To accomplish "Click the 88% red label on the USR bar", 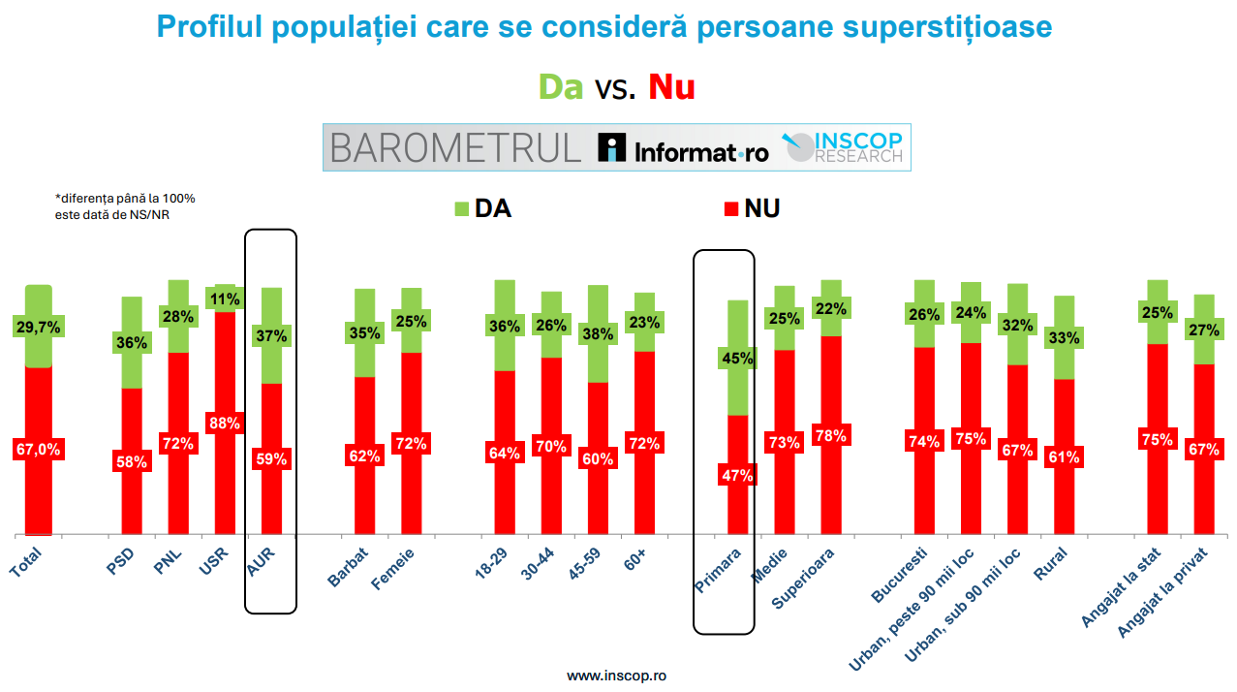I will [x=224, y=424].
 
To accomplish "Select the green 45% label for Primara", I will [x=737, y=359].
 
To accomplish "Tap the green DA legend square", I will [x=461, y=209].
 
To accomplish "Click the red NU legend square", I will [x=730, y=209].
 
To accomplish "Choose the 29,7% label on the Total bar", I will [x=39, y=328].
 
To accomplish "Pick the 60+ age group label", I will [x=635, y=560].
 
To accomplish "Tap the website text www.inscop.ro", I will [x=616, y=676].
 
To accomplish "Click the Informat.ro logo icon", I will [x=612, y=147].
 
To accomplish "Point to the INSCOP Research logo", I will [x=843, y=147].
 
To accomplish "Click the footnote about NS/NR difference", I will [x=125, y=206].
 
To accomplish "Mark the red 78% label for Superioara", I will [x=830, y=436].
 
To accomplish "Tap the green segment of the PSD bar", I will [x=132, y=342].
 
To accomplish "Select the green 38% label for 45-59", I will [x=598, y=333].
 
